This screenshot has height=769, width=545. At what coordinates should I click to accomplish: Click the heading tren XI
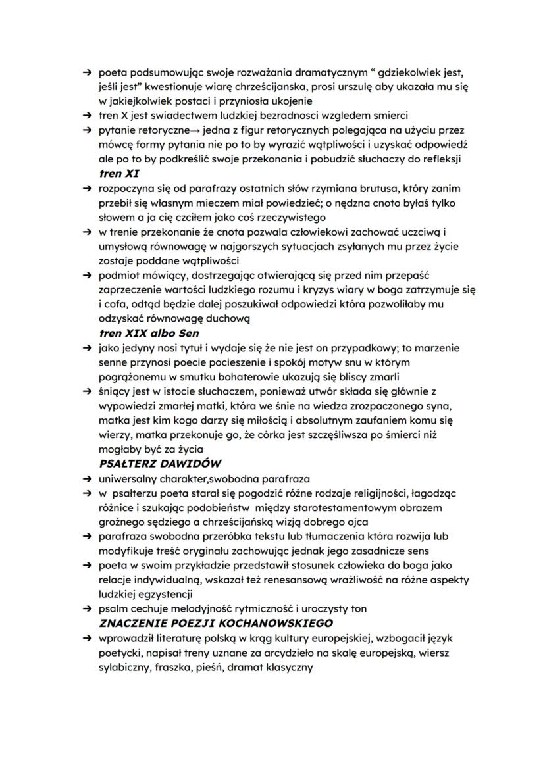pyautogui.click(x=119, y=174)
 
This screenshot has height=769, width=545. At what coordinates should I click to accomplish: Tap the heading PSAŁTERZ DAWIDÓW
pyautogui.click(x=160, y=464)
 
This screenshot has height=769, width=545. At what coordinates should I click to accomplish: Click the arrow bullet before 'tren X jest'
pyautogui.click(x=86, y=116)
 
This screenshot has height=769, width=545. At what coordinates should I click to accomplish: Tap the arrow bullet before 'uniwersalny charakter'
pyautogui.click(x=86, y=478)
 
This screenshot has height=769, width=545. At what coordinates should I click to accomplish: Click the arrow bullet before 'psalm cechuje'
pyautogui.click(x=86, y=608)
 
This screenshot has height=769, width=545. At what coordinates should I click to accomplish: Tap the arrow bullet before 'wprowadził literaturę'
pyautogui.click(x=86, y=637)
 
